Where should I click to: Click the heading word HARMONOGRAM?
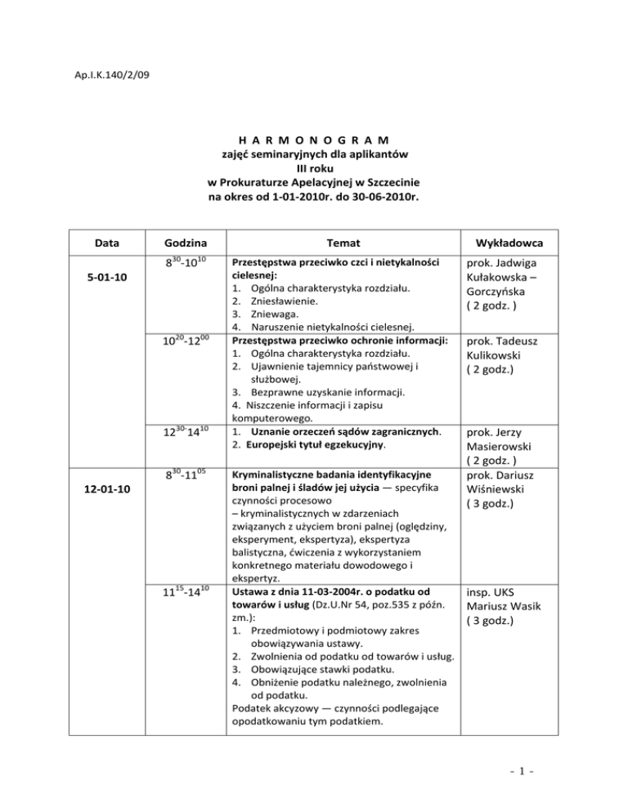pos(313,138)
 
